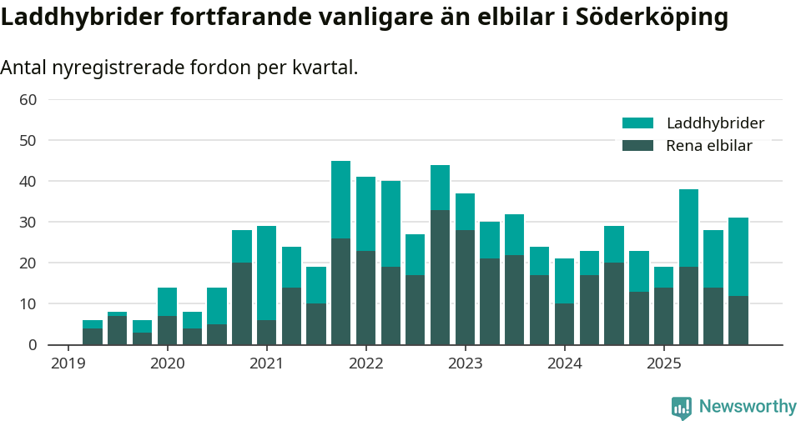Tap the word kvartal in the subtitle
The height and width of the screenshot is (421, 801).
(326, 68)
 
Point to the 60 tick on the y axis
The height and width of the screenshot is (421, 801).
(28, 100)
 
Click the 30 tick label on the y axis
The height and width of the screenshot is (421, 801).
(28, 222)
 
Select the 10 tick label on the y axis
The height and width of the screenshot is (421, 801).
(28, 303)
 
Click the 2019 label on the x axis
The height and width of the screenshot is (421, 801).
(68, 363)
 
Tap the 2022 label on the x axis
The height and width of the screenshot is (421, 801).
(365, 363)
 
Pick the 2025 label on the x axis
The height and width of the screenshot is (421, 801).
(663, 363)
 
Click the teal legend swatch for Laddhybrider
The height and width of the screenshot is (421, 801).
(637, 123)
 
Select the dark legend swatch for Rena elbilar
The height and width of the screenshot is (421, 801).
(637, 146)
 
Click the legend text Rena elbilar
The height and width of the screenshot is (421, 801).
(709, 146)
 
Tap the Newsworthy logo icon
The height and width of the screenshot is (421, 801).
(682, 407)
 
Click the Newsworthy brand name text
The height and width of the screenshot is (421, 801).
(748, 407)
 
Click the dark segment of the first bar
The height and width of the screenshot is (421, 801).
(92, 336)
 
